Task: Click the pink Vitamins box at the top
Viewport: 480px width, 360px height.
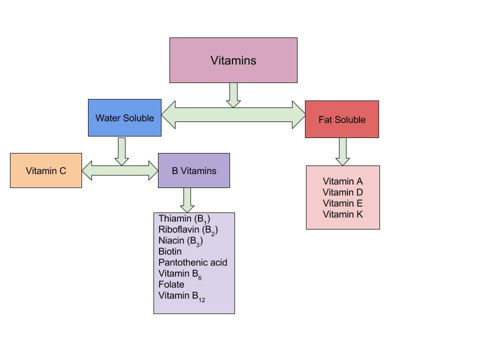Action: click(233, 60)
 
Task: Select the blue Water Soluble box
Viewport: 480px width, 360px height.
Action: click(124, 118)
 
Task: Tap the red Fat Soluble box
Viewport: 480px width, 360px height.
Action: click(342, 119)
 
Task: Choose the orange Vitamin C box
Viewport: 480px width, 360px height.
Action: click(46, 170)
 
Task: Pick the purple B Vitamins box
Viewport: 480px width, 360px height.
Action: click(194, 170)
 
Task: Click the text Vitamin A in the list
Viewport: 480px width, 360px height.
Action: click(342, 181)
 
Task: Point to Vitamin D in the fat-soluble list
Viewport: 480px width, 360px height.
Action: click(342, 192)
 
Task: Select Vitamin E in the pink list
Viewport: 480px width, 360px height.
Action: click(342, 203)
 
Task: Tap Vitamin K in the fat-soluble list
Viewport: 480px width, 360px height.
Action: click(342, 214)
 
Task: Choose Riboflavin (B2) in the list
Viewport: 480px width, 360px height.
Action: click(188, 230)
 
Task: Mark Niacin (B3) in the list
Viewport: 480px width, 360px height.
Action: click(180, 241)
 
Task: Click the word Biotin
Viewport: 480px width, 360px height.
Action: click(170, 251)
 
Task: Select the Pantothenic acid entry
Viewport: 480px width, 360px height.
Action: click(192, 262)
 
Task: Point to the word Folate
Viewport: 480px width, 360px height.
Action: click(171, 284)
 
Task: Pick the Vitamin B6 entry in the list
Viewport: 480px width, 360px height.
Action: click(179, 274)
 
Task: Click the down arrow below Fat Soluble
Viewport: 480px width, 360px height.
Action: click(342, 151)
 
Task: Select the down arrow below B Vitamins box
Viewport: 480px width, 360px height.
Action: click(187, 200)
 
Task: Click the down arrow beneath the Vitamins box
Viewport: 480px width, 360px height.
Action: click(233, 95)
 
